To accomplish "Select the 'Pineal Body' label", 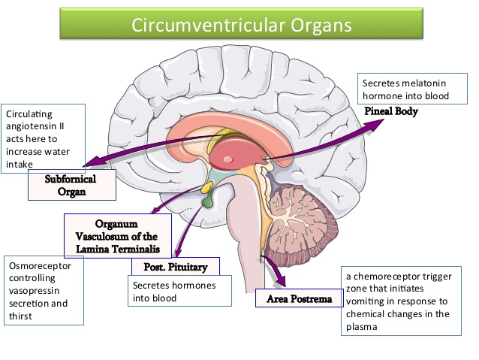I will (391, 111).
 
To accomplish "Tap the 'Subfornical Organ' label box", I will (72, 185).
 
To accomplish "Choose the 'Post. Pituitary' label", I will (175, 266).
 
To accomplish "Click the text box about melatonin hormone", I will (405, 89).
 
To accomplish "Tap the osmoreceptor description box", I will (43, 290).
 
